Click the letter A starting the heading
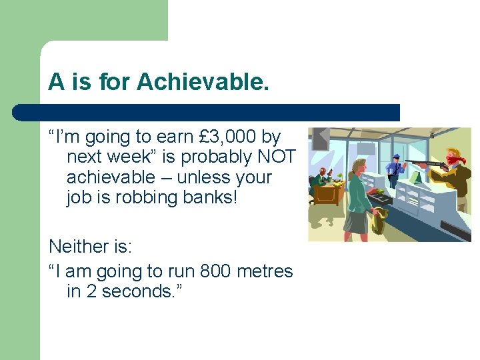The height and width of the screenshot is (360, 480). pyautogui.click(x=56, y=82)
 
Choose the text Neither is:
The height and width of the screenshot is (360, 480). pyautogui.click(x=91, y=247)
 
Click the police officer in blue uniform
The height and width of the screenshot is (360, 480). pyautogui.click(x=396, y=170)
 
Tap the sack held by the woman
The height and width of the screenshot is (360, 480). pyautogui.click(x=381, y=219)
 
